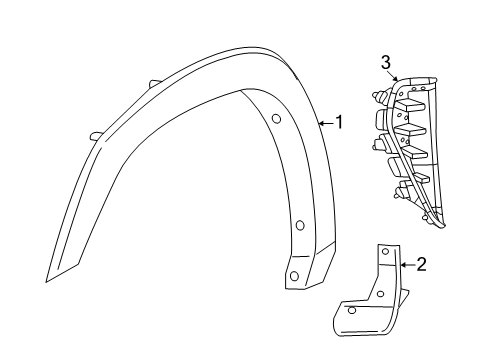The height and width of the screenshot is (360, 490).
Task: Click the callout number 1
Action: pos(340,123)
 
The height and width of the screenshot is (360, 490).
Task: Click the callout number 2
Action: pos(421,264)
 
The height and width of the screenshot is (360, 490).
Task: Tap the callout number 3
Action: pos(384,63)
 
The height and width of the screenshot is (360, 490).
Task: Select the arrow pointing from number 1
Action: pos(325,123)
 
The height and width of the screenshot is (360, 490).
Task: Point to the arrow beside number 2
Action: pos(407,264)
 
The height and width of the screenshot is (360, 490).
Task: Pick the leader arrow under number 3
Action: pos(393,76)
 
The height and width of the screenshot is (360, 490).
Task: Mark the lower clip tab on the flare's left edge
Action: pos(94,135)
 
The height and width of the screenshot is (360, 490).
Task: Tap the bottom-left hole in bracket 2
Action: pos(352,311)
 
